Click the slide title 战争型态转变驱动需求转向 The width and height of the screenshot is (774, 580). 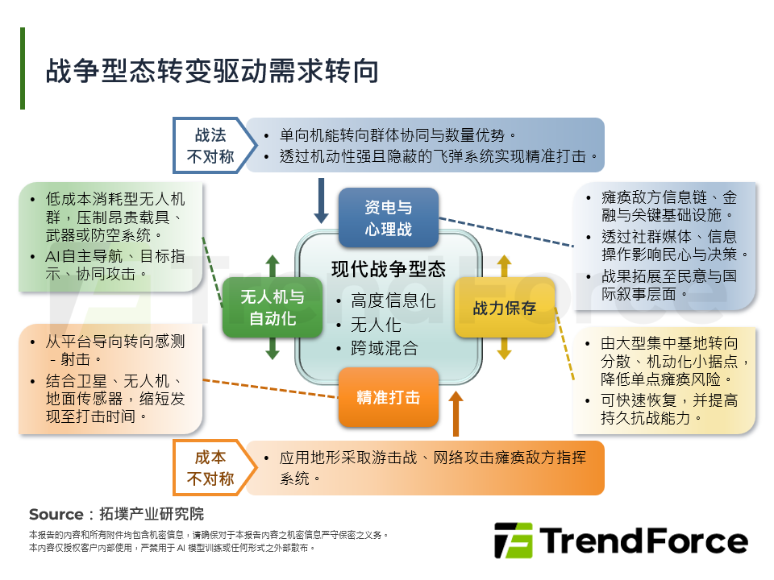click(x=211, y=71)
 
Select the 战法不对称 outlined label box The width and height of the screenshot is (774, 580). click(x=210, y=146)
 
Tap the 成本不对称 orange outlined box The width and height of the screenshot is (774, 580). click(x=210, y=468)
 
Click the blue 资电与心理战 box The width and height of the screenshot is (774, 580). click(x=388, y=217)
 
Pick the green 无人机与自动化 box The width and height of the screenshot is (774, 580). click(x=273, y=307)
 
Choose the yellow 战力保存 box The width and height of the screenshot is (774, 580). click(x=505, y=307)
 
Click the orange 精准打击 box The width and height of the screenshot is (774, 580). click(x=388, y=397)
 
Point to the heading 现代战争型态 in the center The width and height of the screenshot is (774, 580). click(x=388, y=269)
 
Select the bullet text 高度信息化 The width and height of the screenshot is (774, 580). click(x=393, y=301)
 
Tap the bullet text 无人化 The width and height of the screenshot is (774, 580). click(x=376, y=325)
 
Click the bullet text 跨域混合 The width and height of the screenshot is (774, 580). click(x=384, y=348)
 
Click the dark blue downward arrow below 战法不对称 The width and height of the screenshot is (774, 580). click(x=321, y=201)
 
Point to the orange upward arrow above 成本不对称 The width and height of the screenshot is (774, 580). click(x=456, y=414)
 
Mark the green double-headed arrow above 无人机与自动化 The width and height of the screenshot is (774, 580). click(x=273, y=267)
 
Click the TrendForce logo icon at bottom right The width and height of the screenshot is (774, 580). click(x=513, y=541)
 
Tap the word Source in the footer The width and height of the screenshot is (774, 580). click(x=56, y=514)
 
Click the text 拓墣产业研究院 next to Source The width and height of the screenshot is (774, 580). click(x=151, y=514)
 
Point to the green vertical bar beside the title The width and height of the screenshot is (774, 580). click(x=23, y=68)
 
